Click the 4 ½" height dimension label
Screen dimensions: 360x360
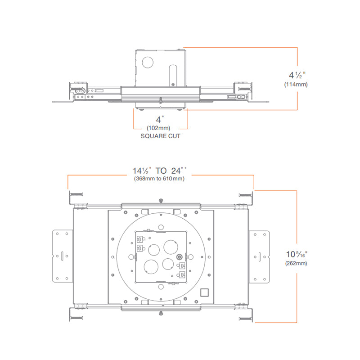[x=297, y=75]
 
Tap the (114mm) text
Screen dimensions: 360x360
[x=296, y=85]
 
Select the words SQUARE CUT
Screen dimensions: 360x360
[x=161, y=136]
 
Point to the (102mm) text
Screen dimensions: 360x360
[x=158, y=128]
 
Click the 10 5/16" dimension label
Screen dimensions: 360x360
[x=297, y=254]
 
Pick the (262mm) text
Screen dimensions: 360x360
[x=296, y=263]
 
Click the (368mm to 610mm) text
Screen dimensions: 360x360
[x=159, y=179]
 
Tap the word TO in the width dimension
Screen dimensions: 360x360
[x=161, y=171]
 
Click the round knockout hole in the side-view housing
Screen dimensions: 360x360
[x=148, y=62]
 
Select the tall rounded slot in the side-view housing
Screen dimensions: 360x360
[x=173, y=76]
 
